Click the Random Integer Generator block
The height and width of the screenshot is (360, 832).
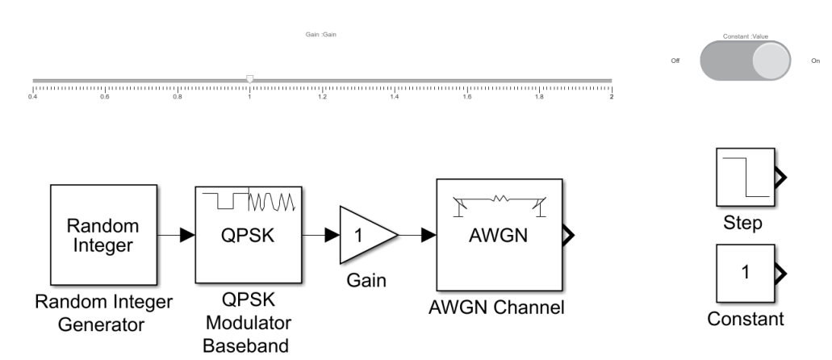(x=102, y=234)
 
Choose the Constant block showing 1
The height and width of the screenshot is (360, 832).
(x=744, y=274)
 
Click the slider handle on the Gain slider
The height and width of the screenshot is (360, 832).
(x=250, y=79)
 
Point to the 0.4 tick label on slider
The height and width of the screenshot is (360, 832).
(x=33, y=97)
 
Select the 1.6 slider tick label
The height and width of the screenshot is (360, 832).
(x=467, y=97)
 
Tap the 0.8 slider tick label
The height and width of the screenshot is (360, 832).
(x=178, y=97)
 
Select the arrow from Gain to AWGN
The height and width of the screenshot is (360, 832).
(x=417, y=235)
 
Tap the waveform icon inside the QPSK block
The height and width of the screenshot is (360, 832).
(x=249, y=199)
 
